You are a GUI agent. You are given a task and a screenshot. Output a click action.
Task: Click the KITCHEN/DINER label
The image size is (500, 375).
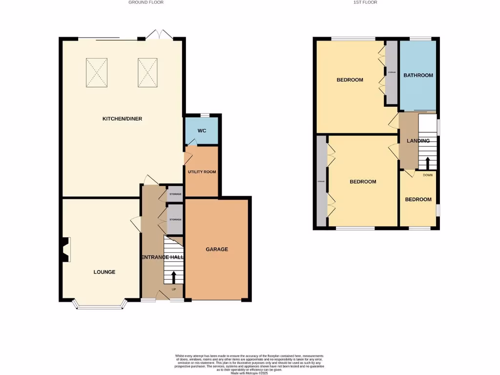[122, 119]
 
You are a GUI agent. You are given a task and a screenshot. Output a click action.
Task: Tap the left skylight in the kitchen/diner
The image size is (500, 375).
[96, 73]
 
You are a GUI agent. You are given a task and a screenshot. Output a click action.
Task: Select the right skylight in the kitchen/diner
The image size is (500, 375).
[148, 73]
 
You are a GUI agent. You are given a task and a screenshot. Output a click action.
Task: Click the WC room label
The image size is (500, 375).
[202, 131]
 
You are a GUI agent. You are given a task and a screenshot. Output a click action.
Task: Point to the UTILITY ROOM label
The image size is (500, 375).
[202, 172]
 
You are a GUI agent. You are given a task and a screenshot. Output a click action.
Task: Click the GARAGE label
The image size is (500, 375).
[216, 249]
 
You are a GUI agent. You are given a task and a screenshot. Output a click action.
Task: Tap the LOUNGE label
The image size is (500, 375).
[104, 272]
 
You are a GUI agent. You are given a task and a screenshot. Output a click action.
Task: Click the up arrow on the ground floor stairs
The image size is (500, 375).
[174, 277]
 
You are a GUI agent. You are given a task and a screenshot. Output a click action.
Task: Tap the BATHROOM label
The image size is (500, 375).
[418, 75]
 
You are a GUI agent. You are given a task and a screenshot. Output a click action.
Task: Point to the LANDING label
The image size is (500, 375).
[418, 141]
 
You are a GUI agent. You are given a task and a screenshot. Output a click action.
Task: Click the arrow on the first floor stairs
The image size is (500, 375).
[428, 163]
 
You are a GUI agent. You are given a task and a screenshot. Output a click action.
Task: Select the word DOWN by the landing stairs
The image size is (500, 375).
[428, 175]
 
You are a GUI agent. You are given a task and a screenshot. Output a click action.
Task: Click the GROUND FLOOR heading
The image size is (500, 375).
[146, 2]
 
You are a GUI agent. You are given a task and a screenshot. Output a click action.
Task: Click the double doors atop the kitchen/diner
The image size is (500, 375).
[159, 35]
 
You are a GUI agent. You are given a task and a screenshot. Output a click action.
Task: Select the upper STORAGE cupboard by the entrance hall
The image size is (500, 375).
[175, 194]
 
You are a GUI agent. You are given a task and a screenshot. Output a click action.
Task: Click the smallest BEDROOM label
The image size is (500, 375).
[418, 199]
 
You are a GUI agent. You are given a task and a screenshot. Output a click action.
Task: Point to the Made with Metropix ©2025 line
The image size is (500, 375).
[250, 374]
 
